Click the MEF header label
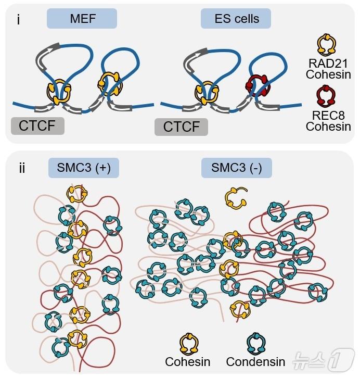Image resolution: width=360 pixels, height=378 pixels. click(x=81, y=19)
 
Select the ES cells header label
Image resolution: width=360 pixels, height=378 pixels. click(x=237, y=19)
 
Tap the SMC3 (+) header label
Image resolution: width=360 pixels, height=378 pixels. click(x=84, y=168)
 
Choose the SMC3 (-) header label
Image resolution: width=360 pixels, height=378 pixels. click(x=237, y=168)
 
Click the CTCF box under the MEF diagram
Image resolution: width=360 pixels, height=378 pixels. click(x=37, y=126)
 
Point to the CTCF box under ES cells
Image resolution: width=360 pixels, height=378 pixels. click(x=181, y=127)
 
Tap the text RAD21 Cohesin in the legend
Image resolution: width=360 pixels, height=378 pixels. click(x=328, y=69)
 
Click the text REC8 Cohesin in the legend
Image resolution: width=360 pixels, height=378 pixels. click(x=328, y=120)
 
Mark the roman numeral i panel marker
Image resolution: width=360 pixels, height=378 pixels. click(x=19, y=21)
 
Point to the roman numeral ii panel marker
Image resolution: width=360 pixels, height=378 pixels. click(x=22, y=169)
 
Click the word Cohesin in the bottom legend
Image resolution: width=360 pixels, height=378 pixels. click(x=187, y=361)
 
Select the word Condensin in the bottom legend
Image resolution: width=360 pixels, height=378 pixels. click(x=255, y=361)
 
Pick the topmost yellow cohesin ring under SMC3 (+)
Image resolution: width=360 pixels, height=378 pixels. click(x=77, y=194)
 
